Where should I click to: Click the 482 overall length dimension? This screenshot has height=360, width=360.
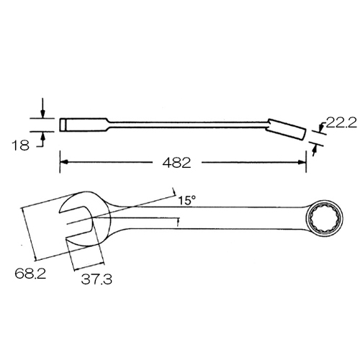(176, 163)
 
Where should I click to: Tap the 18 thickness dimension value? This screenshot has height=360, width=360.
(21, 145)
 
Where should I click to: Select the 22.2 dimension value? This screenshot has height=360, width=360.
(341, 123)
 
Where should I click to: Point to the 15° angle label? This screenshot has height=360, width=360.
(186, 200)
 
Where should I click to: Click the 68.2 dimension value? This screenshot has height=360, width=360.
(30, 274)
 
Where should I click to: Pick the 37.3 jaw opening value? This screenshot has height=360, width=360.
(96, 279)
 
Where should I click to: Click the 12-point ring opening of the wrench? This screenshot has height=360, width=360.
(325, 218)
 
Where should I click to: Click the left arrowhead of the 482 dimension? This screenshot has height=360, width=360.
(63, 162)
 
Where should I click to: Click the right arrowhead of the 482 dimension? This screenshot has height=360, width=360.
(302, 162)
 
